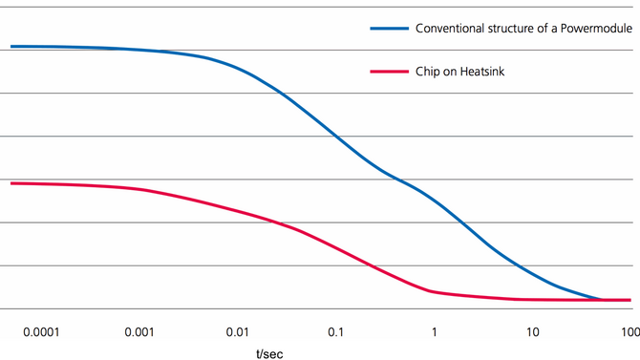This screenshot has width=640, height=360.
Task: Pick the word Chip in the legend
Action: coord(427,72)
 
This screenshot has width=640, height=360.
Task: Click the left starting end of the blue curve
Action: coord(11,46)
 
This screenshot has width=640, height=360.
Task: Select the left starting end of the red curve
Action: coord(11,182)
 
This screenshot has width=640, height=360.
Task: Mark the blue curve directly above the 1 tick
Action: coord(435,199)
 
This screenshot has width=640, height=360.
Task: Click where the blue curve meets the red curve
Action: coord(602,300)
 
